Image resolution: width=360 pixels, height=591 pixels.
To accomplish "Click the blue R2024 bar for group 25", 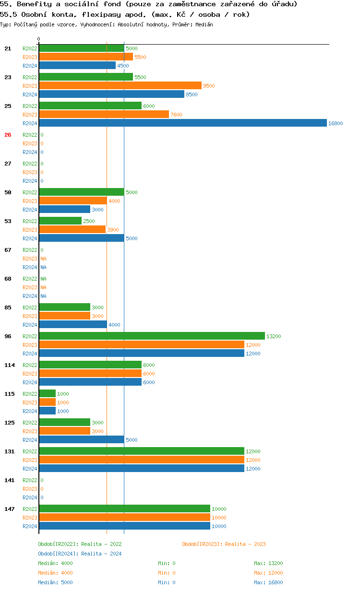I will (x=182, y=123).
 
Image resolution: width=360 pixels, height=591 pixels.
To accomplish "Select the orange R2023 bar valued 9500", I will (x=120, y=86).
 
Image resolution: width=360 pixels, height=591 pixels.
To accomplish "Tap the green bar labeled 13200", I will (x=152, y=336).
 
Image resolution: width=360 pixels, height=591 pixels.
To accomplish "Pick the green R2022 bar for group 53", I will (x=60, y=221).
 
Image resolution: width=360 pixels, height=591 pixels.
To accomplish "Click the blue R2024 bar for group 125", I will (x=81, y=440).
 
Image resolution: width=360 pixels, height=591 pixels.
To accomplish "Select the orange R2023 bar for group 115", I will (x=47, y=402).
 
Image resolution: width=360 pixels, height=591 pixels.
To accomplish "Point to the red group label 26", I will (x=8, y=135).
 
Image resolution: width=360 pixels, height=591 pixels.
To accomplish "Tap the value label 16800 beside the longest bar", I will (x=336, y=123).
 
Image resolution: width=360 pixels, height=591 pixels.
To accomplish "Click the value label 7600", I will (x=176, y=115).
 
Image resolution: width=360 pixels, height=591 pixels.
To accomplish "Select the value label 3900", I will (x=113, y=230).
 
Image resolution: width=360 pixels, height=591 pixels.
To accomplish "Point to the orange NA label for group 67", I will (x=43, y=259).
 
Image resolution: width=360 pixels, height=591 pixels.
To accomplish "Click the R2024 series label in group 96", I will (x=30, y=354).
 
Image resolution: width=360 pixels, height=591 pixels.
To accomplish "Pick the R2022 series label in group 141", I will (x=30, y=480).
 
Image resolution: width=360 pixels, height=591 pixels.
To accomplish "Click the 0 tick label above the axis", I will (x=39, y=39).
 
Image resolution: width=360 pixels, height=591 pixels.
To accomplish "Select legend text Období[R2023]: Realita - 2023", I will (x=224, y=544).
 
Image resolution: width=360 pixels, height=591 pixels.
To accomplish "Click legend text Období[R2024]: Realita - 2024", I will (x=80, y=554).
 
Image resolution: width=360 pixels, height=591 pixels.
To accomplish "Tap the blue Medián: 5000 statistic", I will (x=55, y=582).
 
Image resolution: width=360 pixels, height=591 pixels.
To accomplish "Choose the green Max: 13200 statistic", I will (x=268, y=563).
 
